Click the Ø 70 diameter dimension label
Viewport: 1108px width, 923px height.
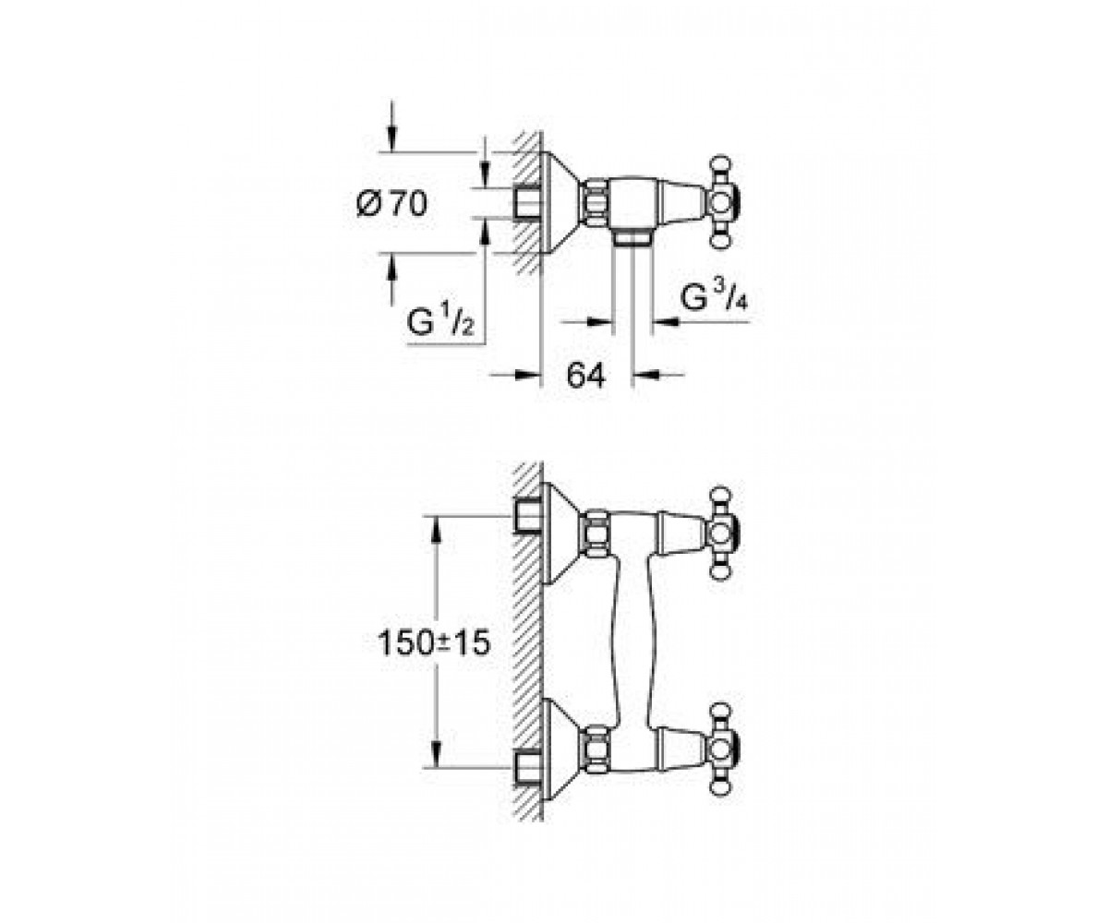point(391,203)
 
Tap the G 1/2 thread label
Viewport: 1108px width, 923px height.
point(440,321)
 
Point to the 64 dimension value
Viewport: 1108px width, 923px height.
point(585,376)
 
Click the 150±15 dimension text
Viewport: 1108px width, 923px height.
point(434,644)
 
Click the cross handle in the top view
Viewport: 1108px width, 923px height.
point(722,201)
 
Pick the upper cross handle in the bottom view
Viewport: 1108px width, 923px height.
point(722,533)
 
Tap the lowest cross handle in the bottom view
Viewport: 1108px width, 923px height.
point(722,750)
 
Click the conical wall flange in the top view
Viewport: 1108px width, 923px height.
point(562,201)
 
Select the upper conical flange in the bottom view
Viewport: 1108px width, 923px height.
point(562,533)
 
